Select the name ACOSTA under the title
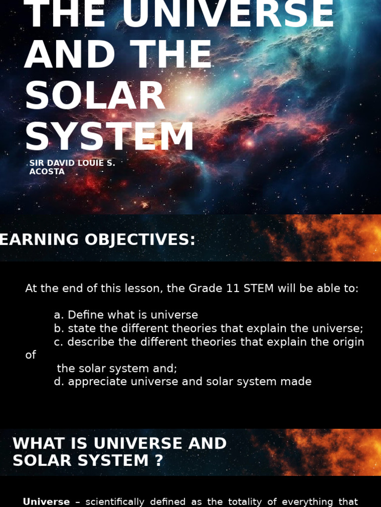click(x=47, y=172)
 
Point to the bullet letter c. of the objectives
click(x=59, y=342)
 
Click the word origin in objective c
click(x=348, y=342)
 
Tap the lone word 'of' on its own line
click(x=31, y=355)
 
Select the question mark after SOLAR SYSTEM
click(x=158, y=460)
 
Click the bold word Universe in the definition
click(x=46, y=502)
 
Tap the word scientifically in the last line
click(x=115, y=502)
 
